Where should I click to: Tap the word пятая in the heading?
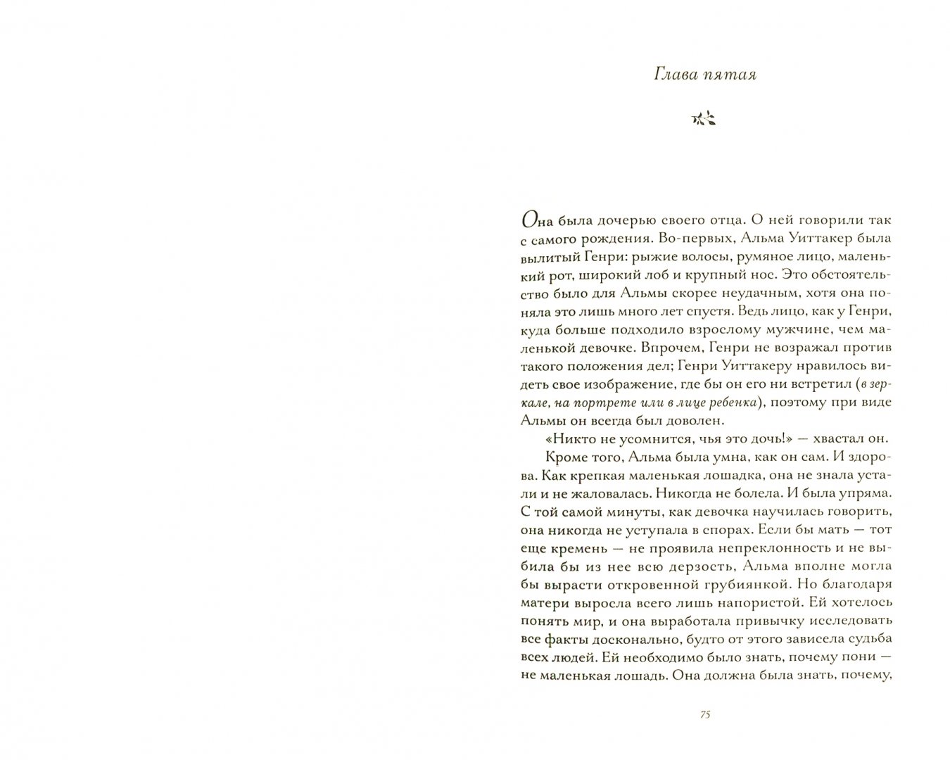(731, 75)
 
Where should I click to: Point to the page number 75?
(705, 714)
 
